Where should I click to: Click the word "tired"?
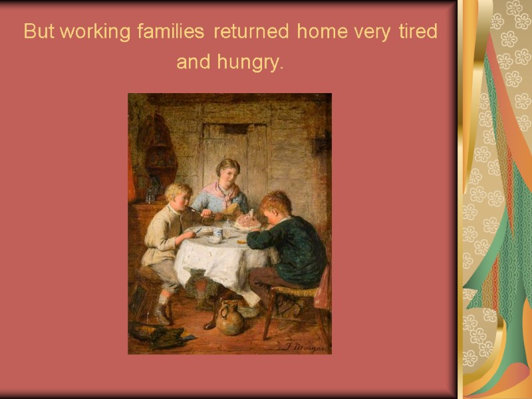click(417, 32)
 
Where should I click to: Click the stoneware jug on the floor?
click(231, 318)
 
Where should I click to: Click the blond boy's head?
click(178, 194)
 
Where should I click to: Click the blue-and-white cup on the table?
click(217, 235)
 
